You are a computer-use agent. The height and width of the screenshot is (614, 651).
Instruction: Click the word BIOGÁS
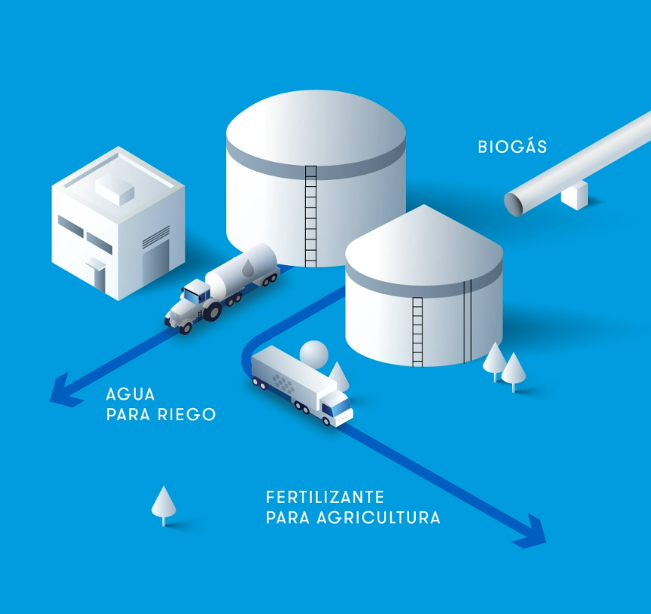click(512, 147)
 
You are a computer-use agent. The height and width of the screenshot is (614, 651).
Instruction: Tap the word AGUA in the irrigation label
click(131, 394)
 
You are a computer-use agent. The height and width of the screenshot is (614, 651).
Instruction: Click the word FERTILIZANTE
click(325, 498)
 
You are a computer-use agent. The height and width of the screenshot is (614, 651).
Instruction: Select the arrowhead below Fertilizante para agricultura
click(531, 531)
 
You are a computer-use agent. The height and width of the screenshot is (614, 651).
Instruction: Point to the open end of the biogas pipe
click(515, 202)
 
